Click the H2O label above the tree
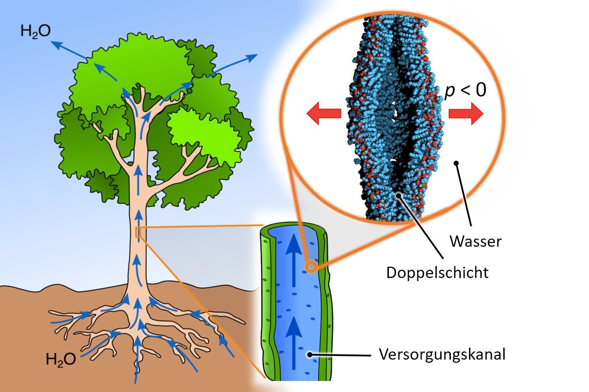pyautogui.click(x=35, y=32)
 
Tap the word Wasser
pyautogui.click(x=475, y=241)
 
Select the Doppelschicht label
pyautogui.click(x=437, y=273)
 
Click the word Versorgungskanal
pyautogui.click(x=442, y=355)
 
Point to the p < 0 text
pyautogui.click(x=465, y=90)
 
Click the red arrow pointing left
pyautogui.click(x=324, y=113)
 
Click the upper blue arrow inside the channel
pyautogui.click(x=294, y=260)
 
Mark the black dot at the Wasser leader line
pyautogui.click(x=456, y=163)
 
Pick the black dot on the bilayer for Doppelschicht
pyautogui.click(x=399, y=195)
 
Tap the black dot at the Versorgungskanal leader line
pyautogui.click(x=310, y=355)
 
